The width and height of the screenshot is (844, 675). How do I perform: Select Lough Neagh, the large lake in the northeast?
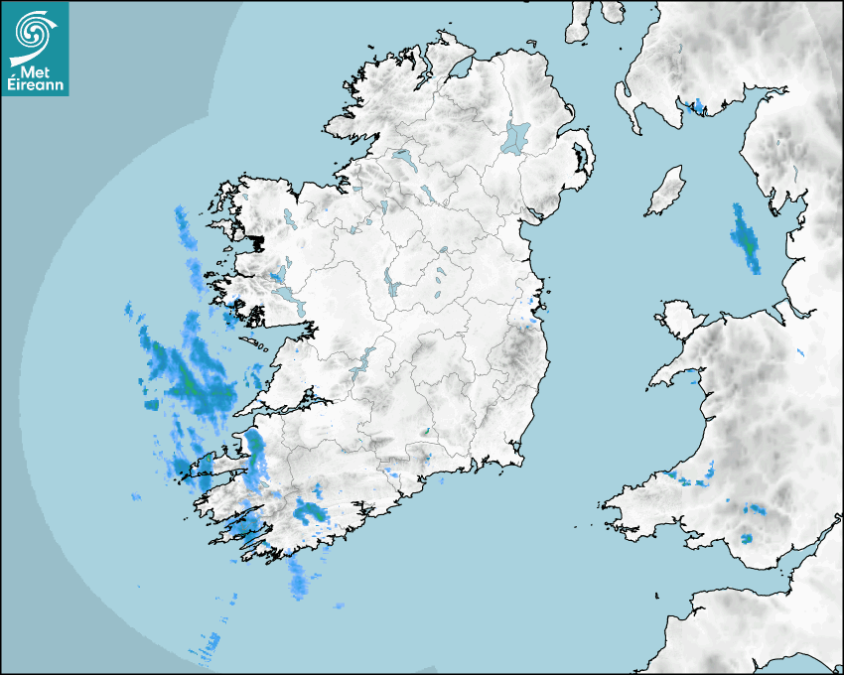pyautogui.click(x=516, y=136)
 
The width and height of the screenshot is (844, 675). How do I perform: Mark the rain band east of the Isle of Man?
pyautogui.click(x=744, y=239)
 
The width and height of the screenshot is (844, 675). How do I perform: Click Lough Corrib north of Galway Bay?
pyautogui.click(x=287, y=295)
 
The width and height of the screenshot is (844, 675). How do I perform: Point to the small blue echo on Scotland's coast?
pyautogui.click(x=698, y=105)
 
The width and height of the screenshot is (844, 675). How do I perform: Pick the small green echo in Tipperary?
pyautogui.click(x=425, y=432)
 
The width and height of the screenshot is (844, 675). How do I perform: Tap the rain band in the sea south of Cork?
pyautogui.click(x=299, y=579)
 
